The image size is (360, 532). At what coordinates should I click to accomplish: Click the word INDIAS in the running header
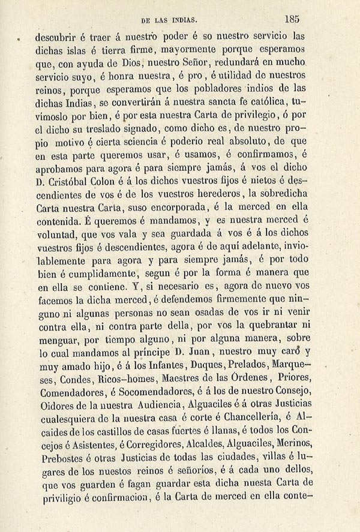[183, 20]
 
